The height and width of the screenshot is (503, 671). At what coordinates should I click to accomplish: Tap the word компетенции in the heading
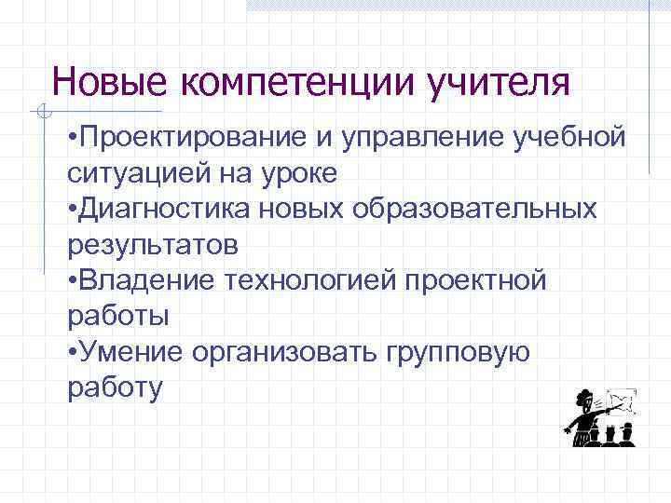[297, 82]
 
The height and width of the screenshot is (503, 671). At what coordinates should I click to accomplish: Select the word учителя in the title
[498, 82]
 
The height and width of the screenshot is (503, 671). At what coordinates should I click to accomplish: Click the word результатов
[154, 244]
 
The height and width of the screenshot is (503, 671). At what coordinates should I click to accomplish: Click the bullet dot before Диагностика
[73, 210]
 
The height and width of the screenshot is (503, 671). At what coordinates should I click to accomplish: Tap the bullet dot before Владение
[73, 280]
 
